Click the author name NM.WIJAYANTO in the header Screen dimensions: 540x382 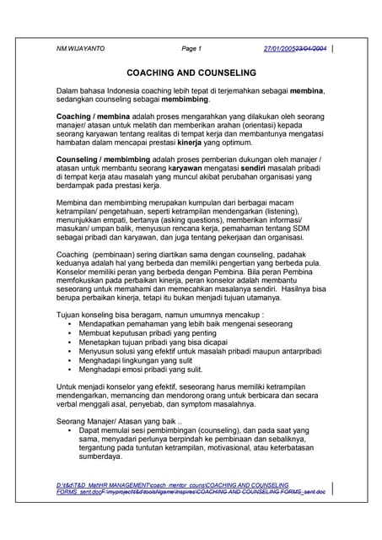tap(81, 49)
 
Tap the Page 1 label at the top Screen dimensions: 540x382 tap(191, 49)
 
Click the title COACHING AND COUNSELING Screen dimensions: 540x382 tap(190, 73)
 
